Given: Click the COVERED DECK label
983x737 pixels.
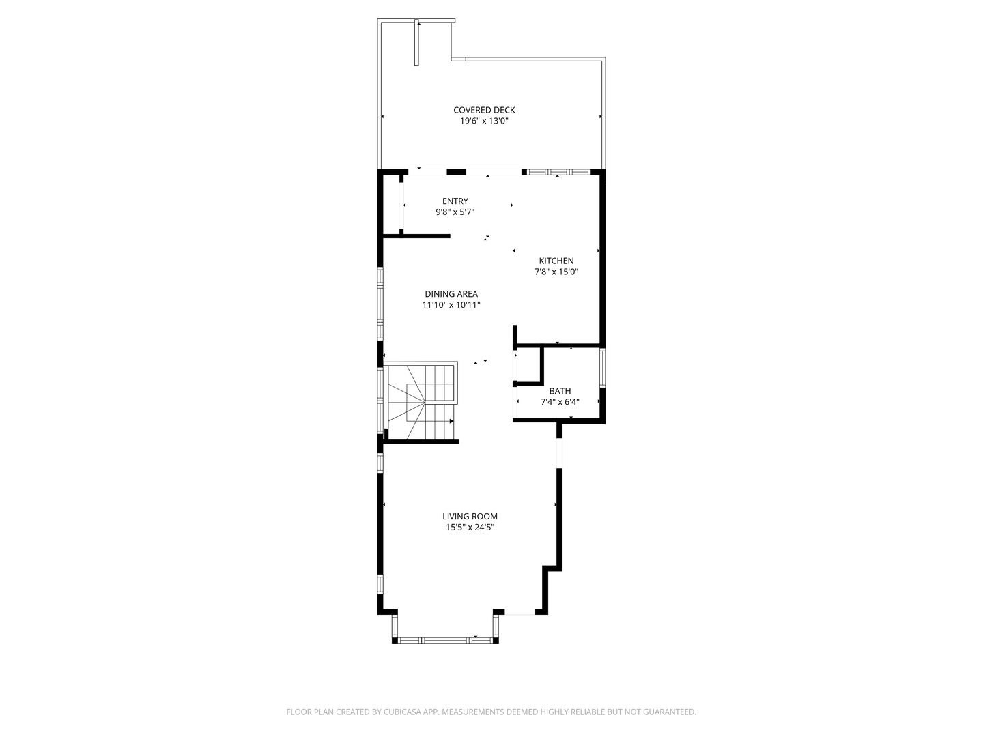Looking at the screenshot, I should click(484, 110).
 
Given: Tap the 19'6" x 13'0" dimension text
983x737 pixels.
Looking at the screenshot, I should click(484, 121).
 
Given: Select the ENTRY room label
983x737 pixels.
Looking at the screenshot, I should click(455, 201).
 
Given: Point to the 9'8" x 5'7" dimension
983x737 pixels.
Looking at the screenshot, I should click(455, 212).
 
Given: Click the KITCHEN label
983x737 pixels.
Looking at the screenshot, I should click(556, 261).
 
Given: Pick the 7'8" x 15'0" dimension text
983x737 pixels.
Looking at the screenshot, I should click(556, 272).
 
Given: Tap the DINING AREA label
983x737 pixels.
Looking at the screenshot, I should click(451, 294).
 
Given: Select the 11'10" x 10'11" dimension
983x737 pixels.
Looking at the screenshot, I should click(451, 305).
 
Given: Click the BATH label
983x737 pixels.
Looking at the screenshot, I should click(560, 391).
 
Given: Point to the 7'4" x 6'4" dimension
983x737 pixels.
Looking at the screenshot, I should click(560, 402).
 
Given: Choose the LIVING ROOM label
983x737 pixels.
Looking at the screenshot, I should click(470, 517).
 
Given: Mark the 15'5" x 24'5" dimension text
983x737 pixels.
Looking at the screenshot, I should click(470, 528).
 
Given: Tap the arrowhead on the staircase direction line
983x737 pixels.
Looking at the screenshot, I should click(452, 422).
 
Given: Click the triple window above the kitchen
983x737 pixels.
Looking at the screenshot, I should click(558, 171).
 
